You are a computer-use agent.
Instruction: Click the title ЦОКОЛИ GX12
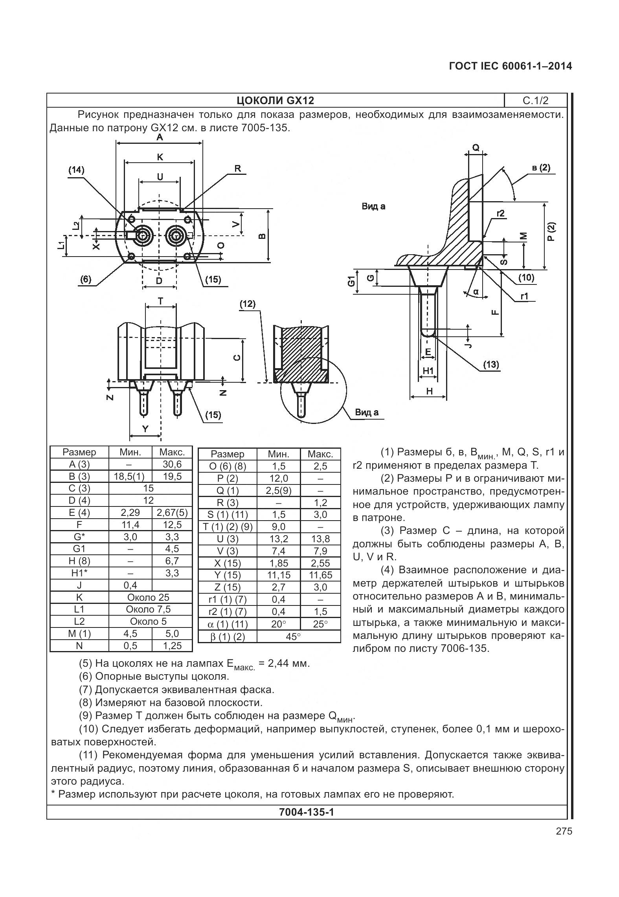tap(275, 101)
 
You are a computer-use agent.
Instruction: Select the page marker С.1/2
tap(535, 101)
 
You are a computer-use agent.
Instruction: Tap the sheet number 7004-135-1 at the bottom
tap(306, 812)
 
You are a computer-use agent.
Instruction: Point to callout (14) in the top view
tap(76, 170)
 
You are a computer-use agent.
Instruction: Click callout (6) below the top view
tap(86, 279)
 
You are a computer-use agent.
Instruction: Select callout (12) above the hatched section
tap(248, 304)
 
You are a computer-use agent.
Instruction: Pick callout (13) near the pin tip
tap(491, 364)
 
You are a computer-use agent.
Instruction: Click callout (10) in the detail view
tap(526, 278)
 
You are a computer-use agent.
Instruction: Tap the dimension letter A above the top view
tap(160, 137)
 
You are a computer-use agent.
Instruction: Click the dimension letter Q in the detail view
tap(476, 148)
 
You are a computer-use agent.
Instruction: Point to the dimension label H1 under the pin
tap(428, 371)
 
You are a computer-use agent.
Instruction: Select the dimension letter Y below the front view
tap(145, 429)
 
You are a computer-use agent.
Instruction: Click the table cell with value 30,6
tap(172, 464)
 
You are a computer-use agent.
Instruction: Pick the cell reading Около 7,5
tap(151, 609)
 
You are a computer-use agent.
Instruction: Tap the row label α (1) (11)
tap(227, 624)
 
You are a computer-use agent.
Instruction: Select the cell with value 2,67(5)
tap(172, 513)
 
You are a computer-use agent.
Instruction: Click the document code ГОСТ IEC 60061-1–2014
tap(510, 66)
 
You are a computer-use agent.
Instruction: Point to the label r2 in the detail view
tap(500, 213)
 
